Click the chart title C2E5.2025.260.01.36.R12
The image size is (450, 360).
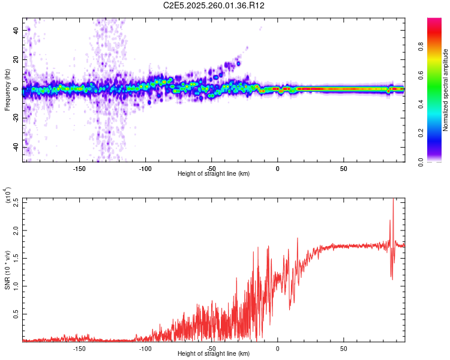pos(214,5)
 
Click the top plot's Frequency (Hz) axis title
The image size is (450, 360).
pos(7,90)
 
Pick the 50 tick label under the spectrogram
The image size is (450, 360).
pos(343,169)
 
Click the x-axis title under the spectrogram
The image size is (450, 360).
pos(214,174)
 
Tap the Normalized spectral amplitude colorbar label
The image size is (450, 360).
pos(446,90)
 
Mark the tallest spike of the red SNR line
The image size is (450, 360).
pos(393,200)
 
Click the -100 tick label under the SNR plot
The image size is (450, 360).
pos(145,349)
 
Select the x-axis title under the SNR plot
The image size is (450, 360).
pos(214,354)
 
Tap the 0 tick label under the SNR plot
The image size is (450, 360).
pos(277,349)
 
